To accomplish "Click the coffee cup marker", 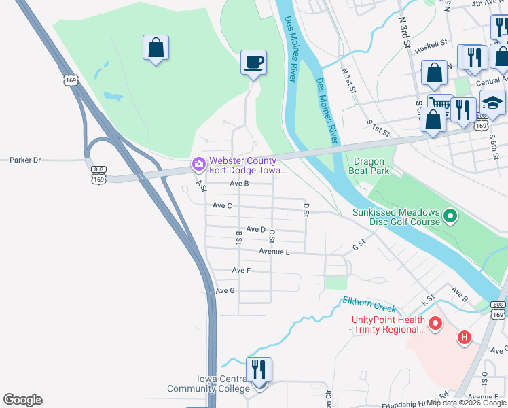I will [253, 63].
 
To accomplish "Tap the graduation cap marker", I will [493, 103].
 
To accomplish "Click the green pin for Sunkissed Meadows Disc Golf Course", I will [449, 217].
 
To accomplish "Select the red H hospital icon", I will [465, 337].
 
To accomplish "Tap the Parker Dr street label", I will [25, 160].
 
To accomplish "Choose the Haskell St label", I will [433, 42].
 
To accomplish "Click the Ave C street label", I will [222, 205].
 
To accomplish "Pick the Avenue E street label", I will [274, 252].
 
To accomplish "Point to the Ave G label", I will [225, 290].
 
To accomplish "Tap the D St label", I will [306, 209].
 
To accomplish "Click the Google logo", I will [22, 400].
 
